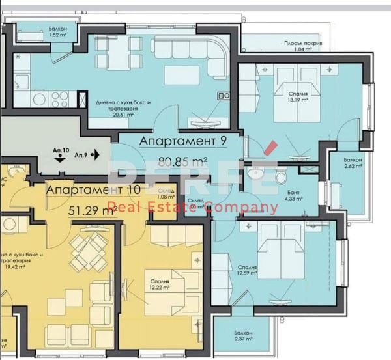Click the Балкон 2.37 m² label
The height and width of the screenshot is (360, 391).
coord(244,335)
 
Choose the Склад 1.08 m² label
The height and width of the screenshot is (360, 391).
coord(166,193)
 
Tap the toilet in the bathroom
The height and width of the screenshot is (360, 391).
coord(280,176)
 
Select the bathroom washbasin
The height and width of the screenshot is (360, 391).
coord(257,173)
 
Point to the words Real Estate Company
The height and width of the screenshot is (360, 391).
coord(192,208)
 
